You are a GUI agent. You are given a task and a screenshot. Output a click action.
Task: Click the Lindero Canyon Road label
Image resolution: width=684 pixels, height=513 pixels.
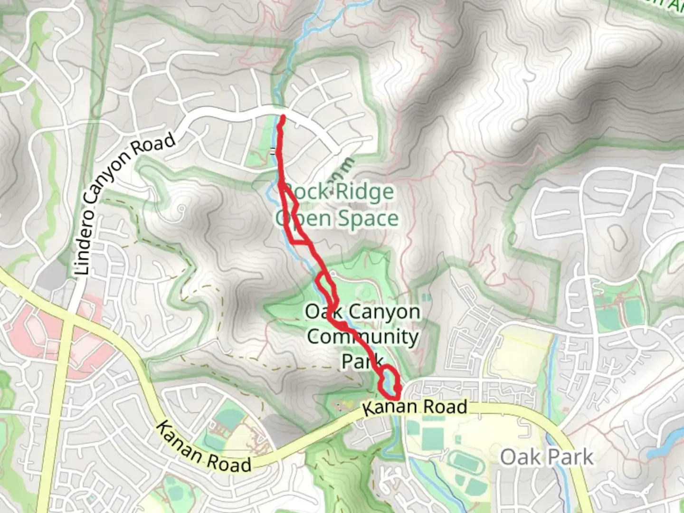[125, 204]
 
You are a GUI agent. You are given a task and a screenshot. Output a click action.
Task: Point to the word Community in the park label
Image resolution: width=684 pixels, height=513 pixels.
[363, 337]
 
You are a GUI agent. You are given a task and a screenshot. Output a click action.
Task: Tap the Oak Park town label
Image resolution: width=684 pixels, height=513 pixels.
[547, 457]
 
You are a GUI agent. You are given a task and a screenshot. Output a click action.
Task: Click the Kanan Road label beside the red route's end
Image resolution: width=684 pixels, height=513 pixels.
[415, 407]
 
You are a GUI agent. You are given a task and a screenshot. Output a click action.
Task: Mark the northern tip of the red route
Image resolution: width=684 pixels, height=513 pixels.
[283, 116]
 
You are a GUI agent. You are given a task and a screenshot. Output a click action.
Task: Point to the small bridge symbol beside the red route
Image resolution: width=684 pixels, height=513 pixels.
[273, 152]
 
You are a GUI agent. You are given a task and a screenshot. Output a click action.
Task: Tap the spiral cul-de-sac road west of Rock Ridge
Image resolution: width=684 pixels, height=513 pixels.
[180, 209]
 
